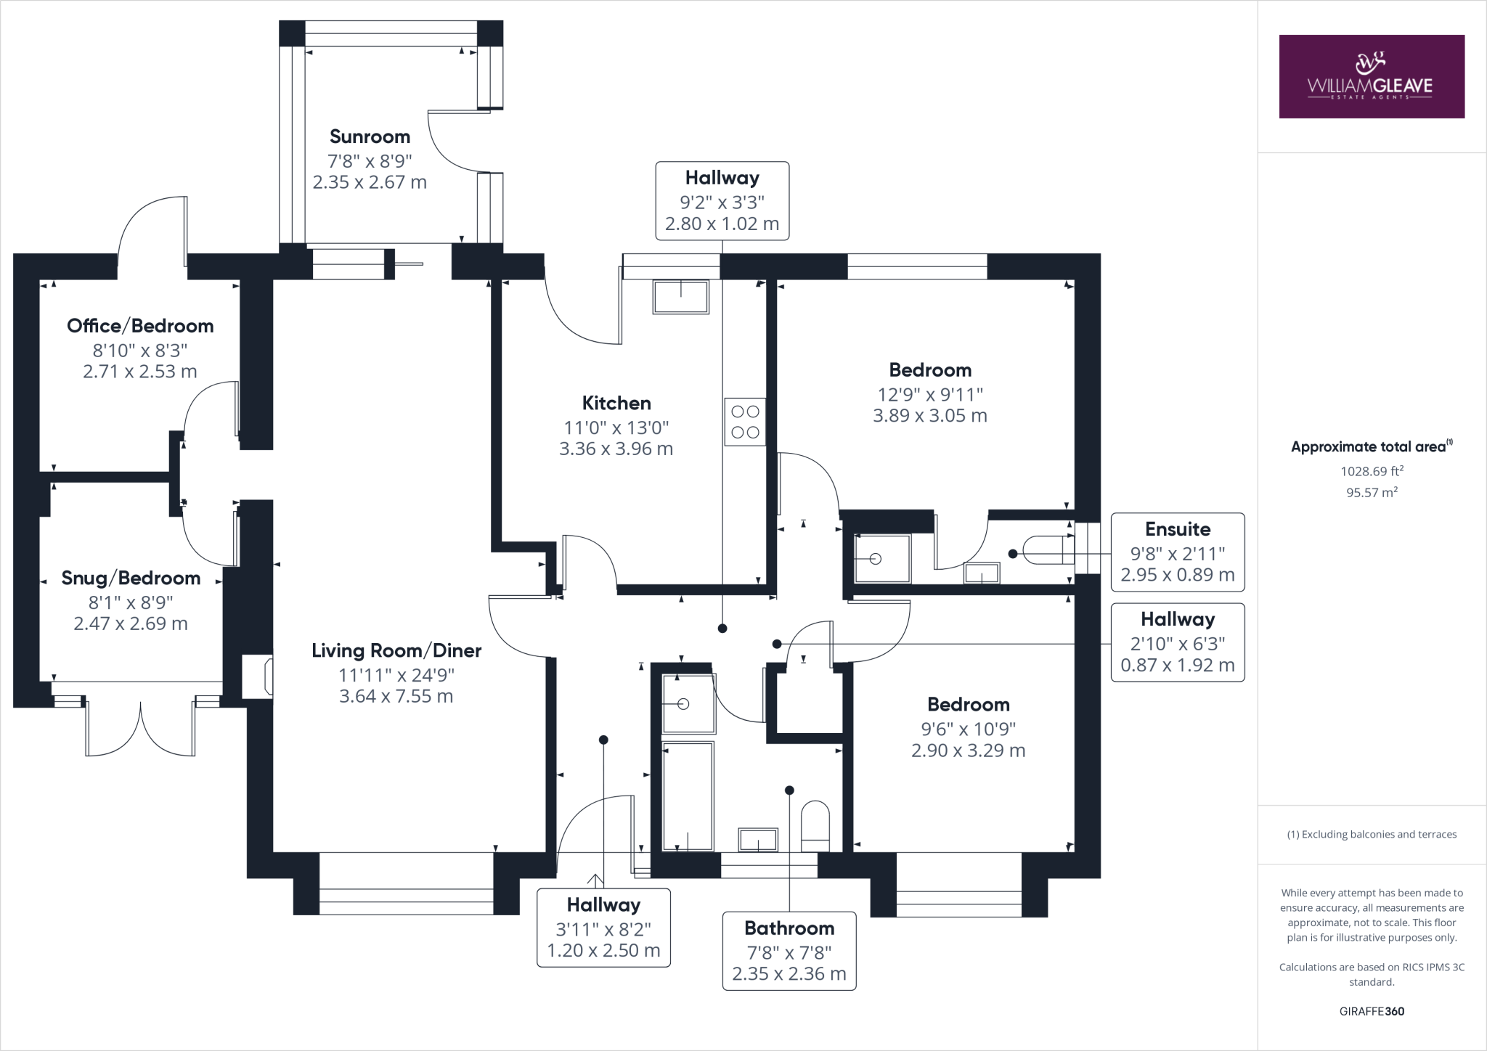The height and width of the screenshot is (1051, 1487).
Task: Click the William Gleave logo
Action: click(x=1371, y=77)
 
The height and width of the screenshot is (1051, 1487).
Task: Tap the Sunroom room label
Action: click(x=370, y=136)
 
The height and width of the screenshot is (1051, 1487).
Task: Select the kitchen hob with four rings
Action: click(x=744, y=422)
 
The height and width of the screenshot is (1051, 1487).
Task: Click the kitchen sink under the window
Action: click(x=680, y=297)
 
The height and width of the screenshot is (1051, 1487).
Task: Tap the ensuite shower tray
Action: click(x=882, y=559)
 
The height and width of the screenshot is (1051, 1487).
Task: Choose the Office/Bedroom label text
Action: click(x=140, y=326)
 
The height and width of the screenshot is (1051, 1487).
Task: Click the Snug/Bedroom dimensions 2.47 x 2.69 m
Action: click(x=131, y=623)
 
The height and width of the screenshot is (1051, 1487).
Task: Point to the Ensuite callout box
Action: click(x=1177, y=552)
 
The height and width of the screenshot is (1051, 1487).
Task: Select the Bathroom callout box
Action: click(x=789, y=951)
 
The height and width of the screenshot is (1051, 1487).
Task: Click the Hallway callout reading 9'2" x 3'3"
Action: click(x=722, y=201)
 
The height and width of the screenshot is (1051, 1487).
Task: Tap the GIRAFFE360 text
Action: click(x=1371, y=1011)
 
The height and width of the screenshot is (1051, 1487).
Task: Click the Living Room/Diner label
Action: click(x=396, y=650)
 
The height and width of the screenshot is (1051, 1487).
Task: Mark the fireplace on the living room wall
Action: click(x=258, y=677)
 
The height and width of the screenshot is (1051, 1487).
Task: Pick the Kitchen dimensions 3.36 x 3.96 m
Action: click(x=616, y=449)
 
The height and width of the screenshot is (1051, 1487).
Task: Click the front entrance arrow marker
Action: click(x=595, y=880)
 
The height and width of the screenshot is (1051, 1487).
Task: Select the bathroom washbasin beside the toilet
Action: click(x=758, y=840)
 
